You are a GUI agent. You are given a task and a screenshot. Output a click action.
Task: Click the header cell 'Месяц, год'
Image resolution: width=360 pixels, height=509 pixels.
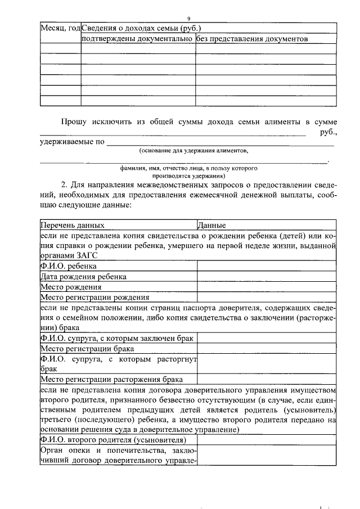(60, 28)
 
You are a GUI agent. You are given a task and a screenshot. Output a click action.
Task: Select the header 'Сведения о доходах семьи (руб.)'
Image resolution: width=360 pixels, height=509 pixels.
(142, 28)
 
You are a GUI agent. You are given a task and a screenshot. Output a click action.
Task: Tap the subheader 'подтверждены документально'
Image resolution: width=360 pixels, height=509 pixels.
(138, 39)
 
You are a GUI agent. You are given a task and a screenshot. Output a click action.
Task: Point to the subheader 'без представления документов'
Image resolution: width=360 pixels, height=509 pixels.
(253, 39)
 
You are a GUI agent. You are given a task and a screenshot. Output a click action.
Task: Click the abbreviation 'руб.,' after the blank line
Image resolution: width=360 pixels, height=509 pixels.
(328, 133)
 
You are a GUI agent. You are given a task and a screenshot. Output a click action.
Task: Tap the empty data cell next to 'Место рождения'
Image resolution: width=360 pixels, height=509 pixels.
(266, 287)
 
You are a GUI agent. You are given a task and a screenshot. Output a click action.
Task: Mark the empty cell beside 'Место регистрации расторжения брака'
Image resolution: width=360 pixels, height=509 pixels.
(266, 380)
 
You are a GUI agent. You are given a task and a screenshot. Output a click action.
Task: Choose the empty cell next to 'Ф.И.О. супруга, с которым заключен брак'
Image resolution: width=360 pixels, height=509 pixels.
(266, 339)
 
